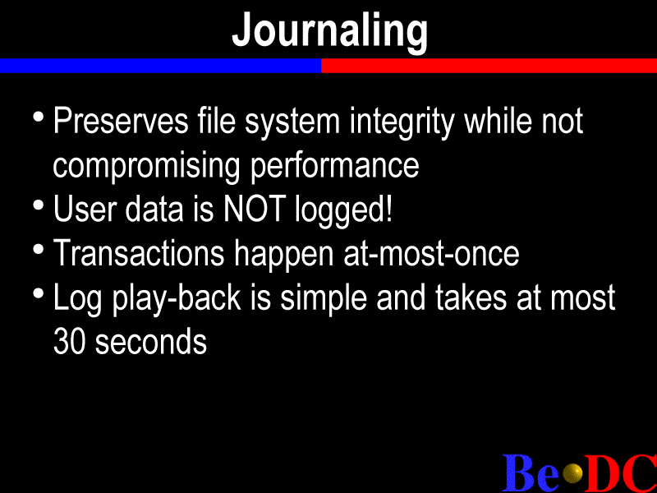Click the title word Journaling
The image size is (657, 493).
click(330, 31)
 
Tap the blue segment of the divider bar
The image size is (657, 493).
click(160, 66)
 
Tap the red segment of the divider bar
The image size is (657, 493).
click(489, 66)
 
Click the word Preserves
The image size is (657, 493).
click(121, 121)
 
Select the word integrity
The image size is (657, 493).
click(402, 123)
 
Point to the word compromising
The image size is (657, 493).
click(146, 167)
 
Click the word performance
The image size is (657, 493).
click(334, 167)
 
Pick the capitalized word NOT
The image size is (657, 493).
click(255, 209)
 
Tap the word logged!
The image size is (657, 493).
click(343, 210)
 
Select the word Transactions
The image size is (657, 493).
click(139, 253)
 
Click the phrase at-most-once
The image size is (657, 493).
click(431, 253)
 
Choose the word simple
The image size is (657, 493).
click(323, 299)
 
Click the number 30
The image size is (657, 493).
click(70, 342)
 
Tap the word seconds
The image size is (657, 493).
click(151, 342)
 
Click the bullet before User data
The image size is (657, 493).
click(38, 205)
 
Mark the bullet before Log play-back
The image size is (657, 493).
click(38, 293)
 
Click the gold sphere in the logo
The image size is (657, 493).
click(572, 473)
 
